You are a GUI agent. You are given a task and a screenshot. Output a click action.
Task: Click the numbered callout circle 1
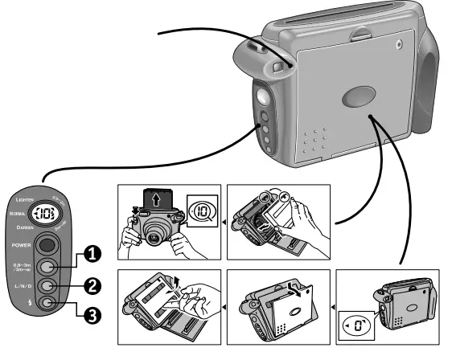[x=94, y=254]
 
